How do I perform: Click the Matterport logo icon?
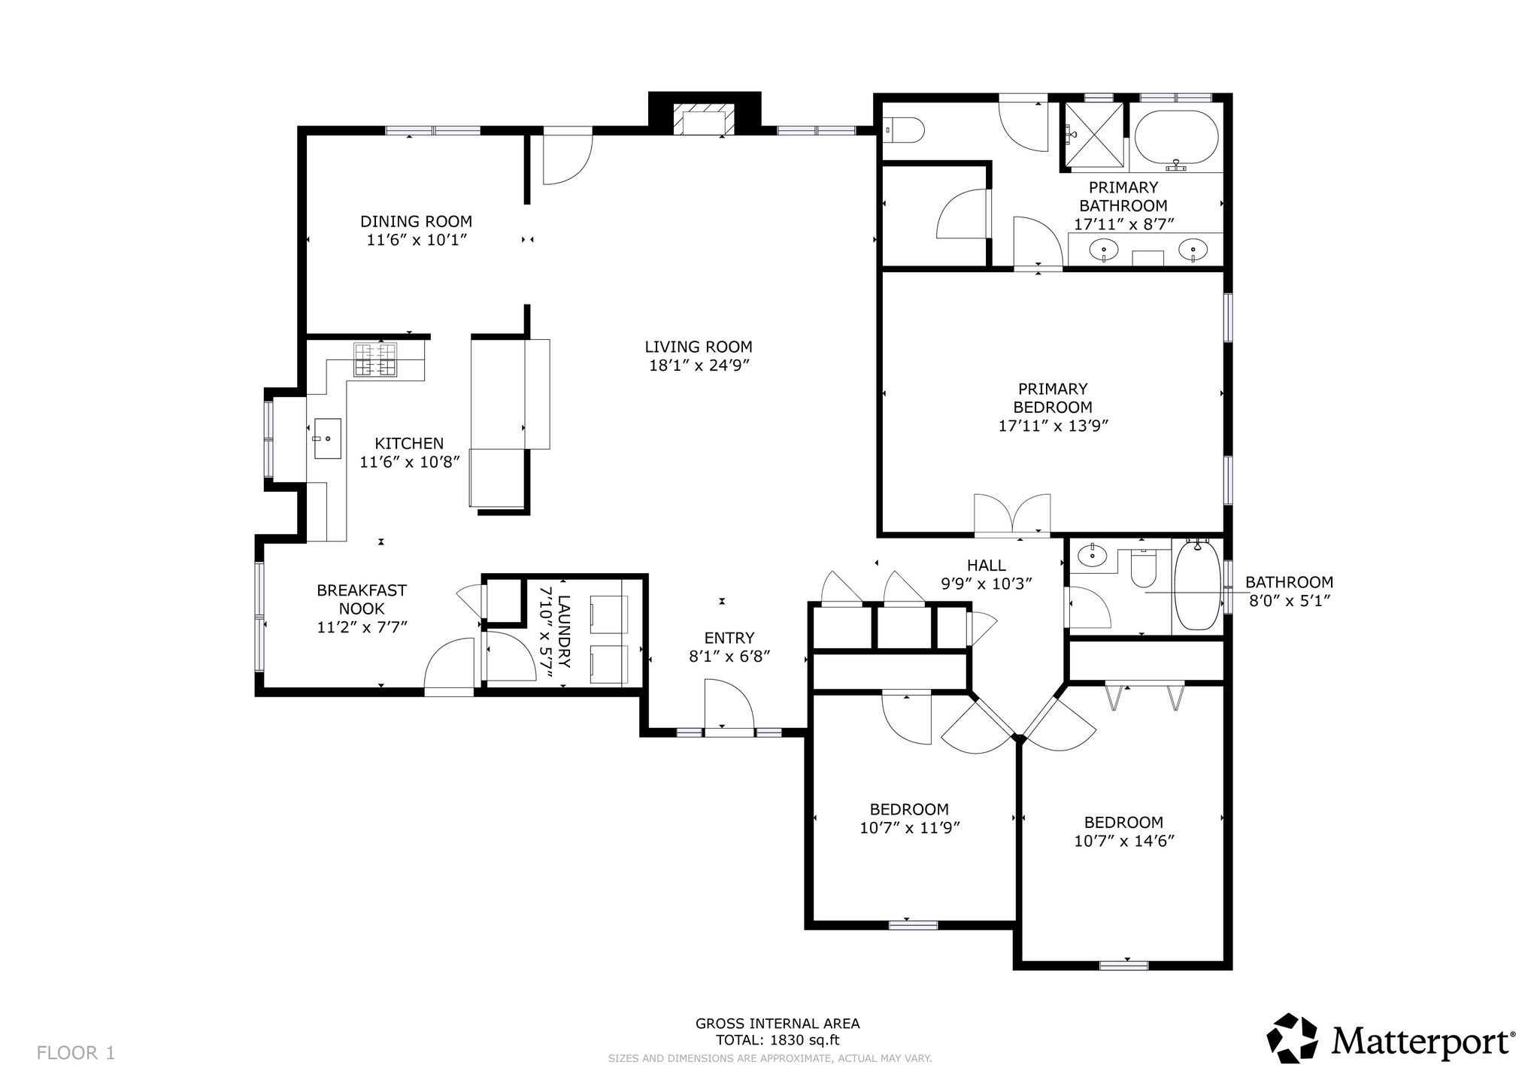coord(1293,1038)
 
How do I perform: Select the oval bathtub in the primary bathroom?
coord(1176,138)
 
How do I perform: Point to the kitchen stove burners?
coord(375,359)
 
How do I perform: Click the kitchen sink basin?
coord(326,438)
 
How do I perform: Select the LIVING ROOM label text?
coord(699,347)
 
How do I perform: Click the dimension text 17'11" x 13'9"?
coord(1053,426)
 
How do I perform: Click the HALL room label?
coord(987,565)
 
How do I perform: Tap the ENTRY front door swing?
coord(728,703)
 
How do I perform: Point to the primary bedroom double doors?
coord(1012,514)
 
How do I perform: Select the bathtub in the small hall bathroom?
coord(1196,587)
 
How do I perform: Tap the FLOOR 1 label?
coord(76,1053)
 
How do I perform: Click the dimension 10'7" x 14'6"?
coord(1124,841)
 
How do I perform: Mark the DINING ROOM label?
coord(416,221)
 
